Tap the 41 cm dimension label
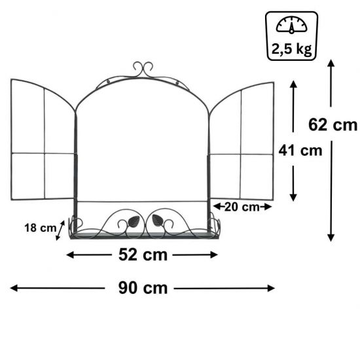[x=300, y=151]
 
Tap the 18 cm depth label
[x=41, y=228]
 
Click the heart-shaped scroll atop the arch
[x=143, y=68]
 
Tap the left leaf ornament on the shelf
[x=134, y=221]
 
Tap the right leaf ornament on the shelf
[x=158, y=221]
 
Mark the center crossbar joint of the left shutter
[x=44, y=154]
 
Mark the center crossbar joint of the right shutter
[x=241, y=154]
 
